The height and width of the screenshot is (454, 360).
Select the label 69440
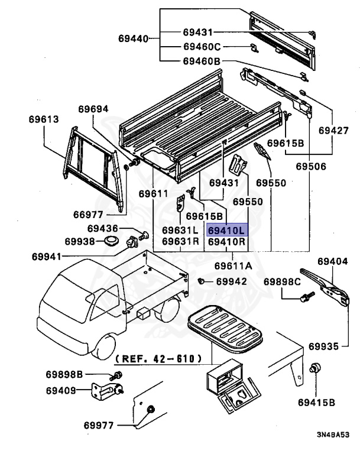pos(134,40)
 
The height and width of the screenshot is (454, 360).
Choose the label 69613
pos(43,119)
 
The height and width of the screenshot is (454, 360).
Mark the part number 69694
pos(93,109)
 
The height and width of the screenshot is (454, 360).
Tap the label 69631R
pos(180,241)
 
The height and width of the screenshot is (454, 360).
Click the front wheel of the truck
pos(106,348)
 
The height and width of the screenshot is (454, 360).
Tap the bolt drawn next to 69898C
pos(308,298)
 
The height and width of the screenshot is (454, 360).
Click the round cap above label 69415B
pos(316,368)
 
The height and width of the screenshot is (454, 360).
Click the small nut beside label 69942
pos(202,281)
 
